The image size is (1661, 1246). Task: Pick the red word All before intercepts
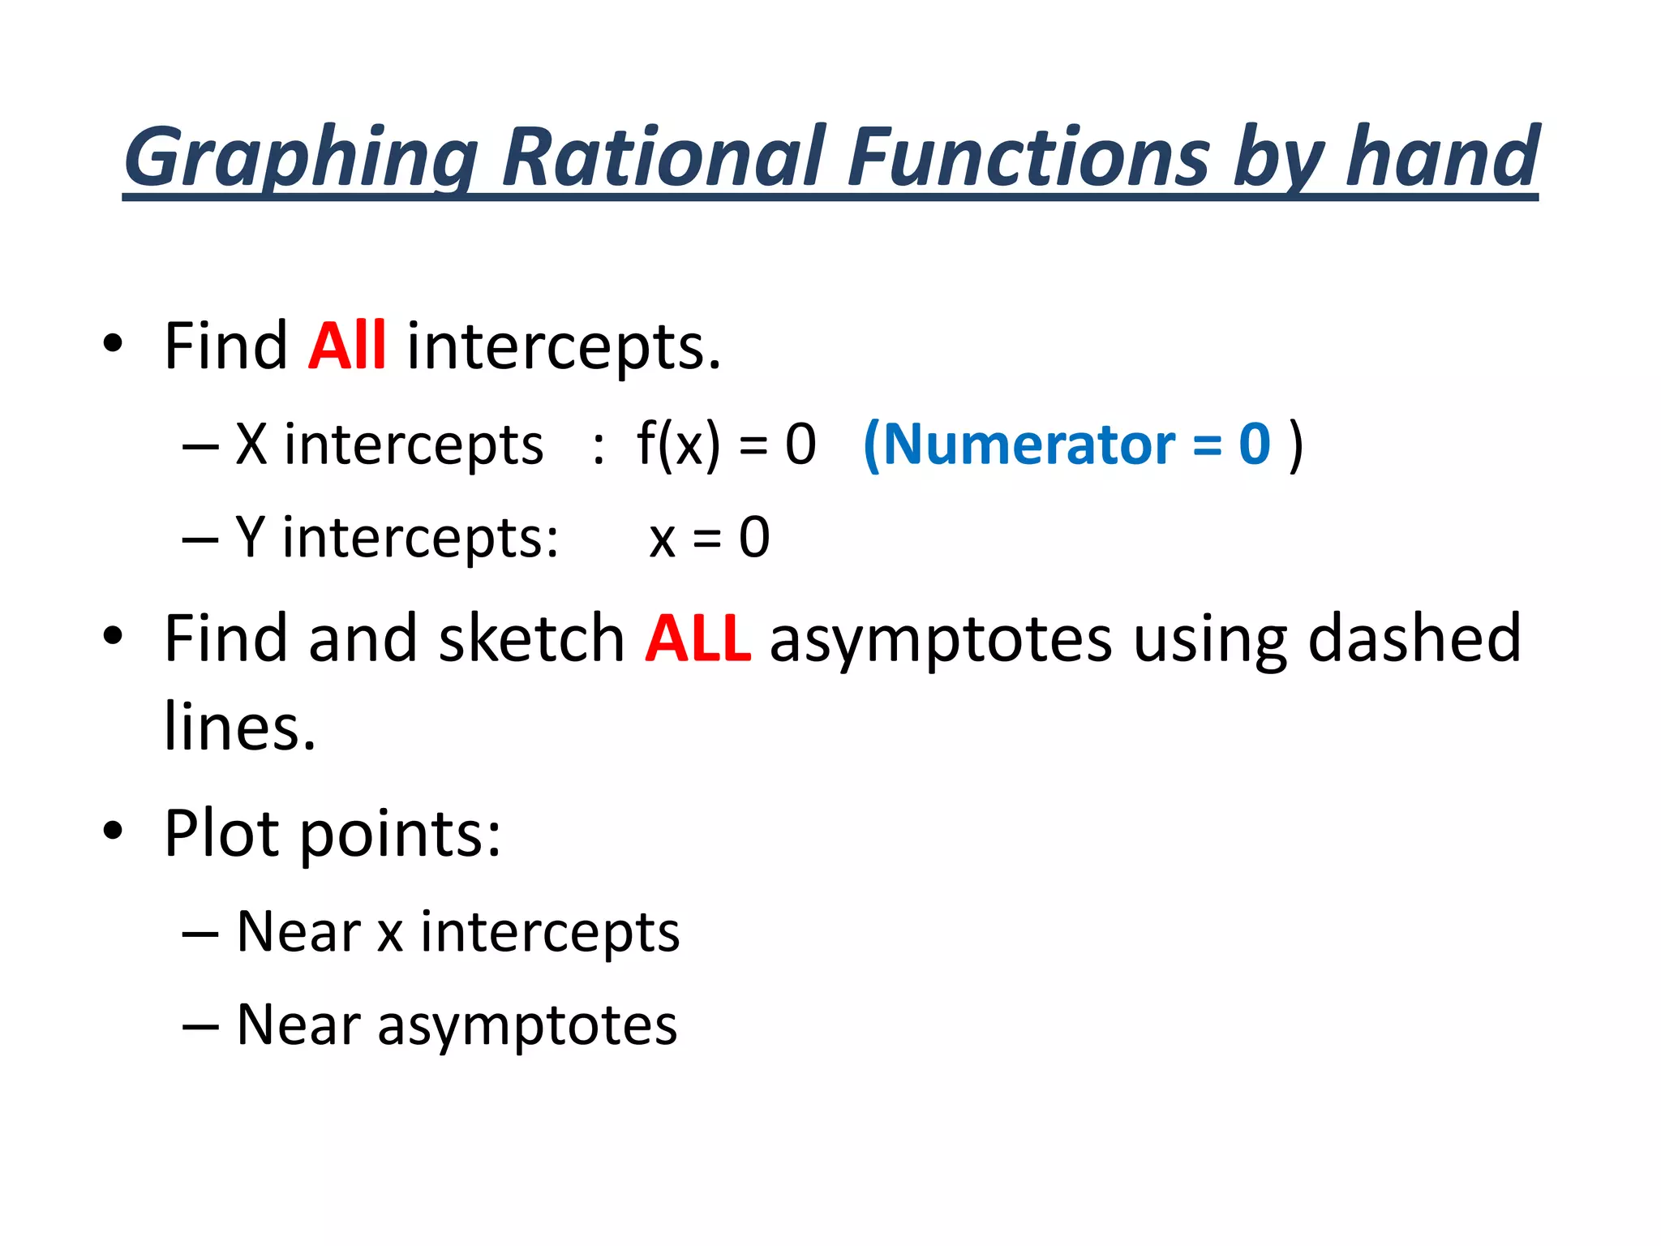point(346,346)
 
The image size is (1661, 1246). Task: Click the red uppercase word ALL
point(697,639)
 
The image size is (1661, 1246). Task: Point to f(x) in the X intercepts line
point(678,445)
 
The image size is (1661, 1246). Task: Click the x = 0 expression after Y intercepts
point(709,538)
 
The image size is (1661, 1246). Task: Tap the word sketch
point(530,639)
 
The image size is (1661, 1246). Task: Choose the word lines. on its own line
point(239,726)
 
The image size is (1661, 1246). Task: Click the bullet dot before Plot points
point(113,831)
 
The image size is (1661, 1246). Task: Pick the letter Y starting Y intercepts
point(250,537)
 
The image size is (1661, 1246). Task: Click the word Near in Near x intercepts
point(298,932)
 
